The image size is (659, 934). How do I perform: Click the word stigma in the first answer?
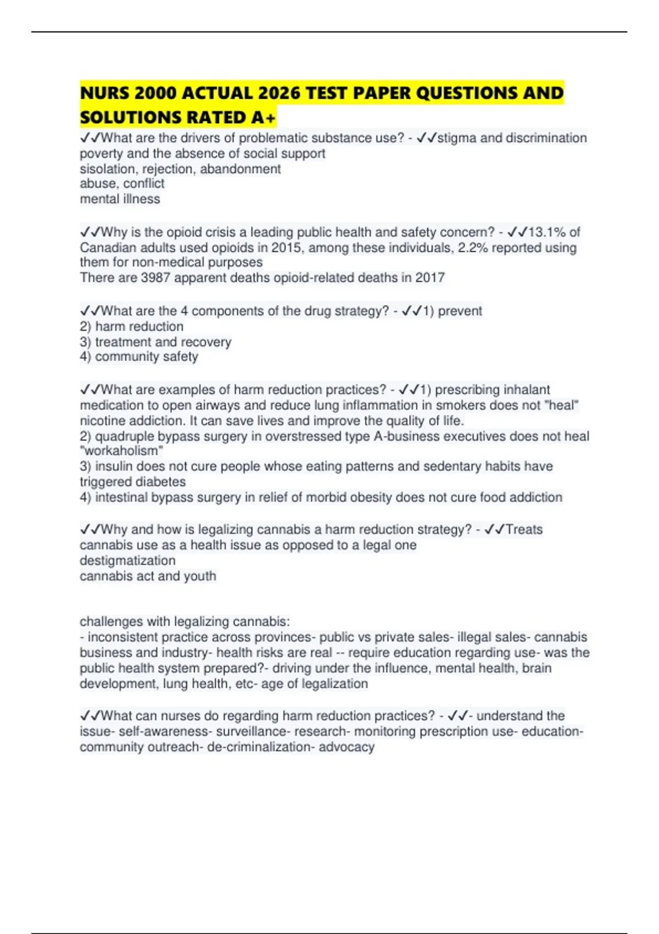point(457,138)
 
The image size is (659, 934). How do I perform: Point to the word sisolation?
point(109,169)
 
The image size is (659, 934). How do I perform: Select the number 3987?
point(155,278)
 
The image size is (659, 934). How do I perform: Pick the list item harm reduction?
point(139,326)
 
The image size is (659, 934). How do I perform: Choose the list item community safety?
point(146,357)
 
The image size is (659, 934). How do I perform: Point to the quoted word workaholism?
point(121,451)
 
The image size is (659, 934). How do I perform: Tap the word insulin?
point(114,466)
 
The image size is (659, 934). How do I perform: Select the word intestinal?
point(121,497)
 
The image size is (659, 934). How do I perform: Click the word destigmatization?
point(127,560)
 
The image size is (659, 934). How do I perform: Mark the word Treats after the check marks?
point(524,530)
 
